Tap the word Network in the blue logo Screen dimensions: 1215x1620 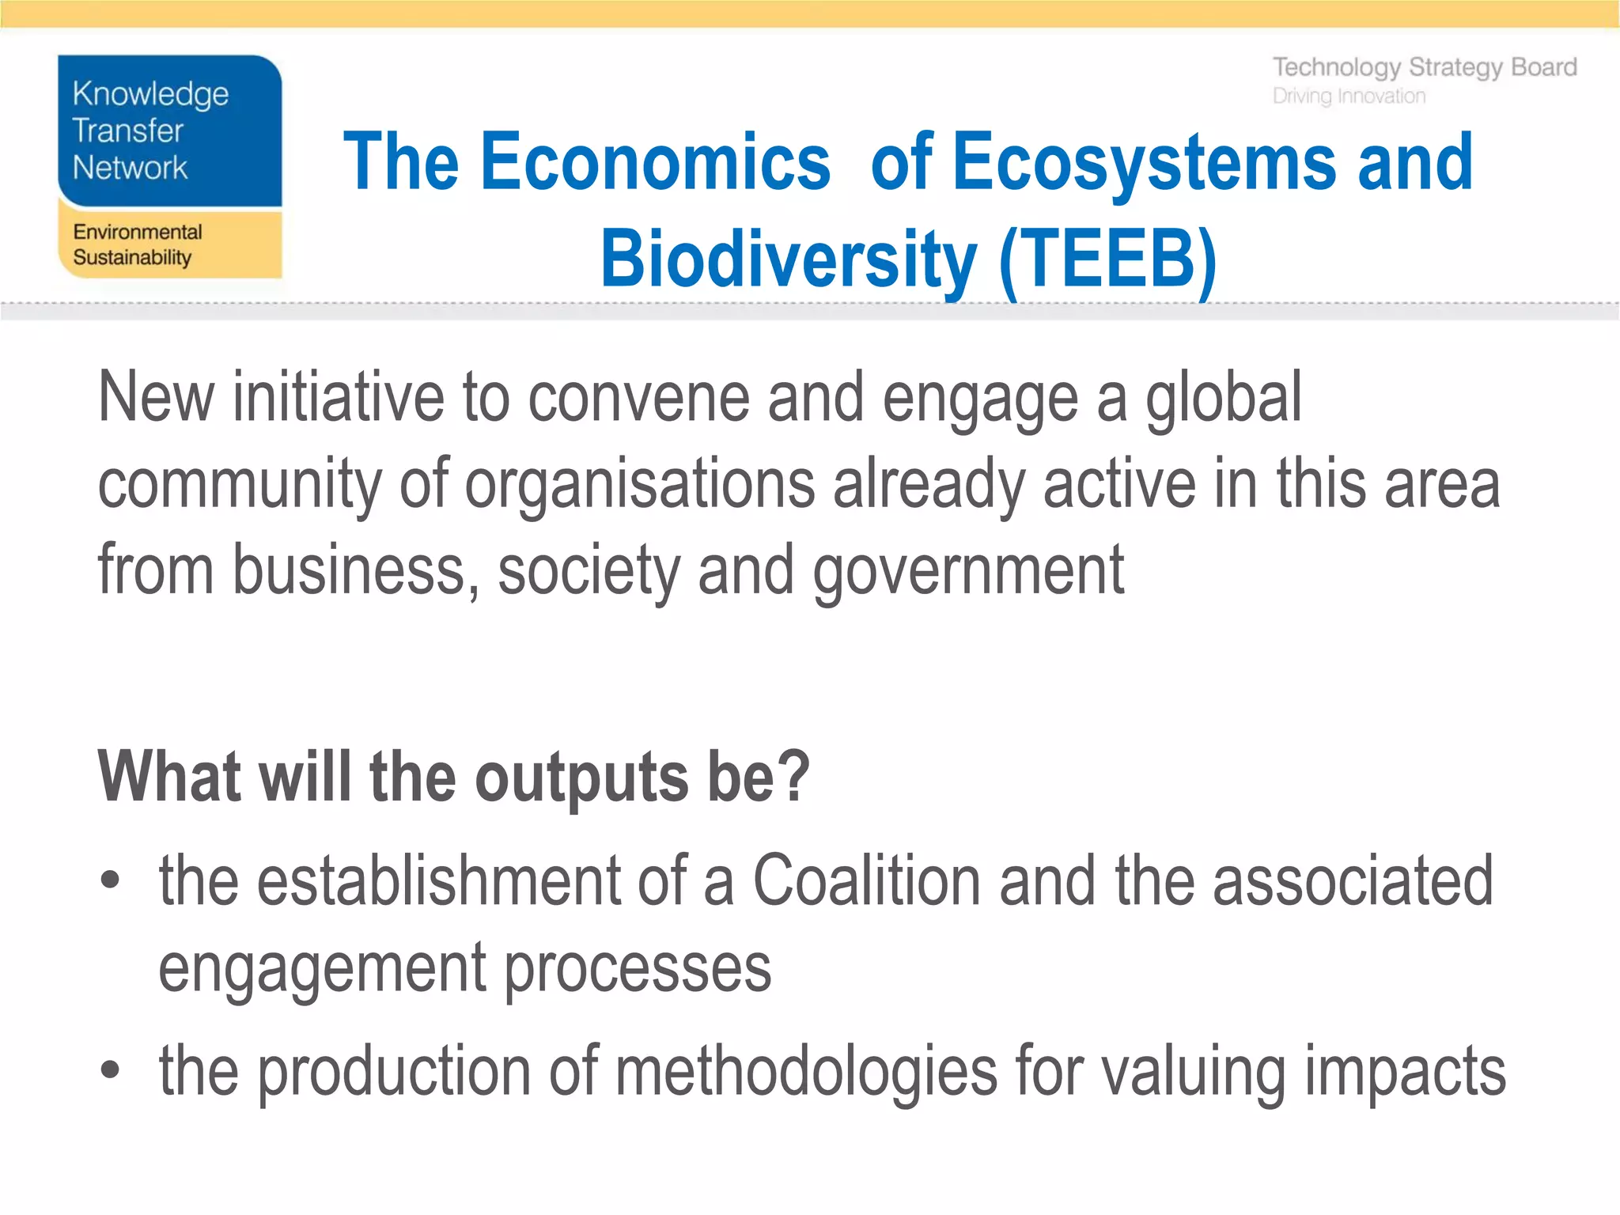point(130,168)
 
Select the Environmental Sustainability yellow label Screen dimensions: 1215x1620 point(138,244)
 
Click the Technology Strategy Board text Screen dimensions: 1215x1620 point(1424,68)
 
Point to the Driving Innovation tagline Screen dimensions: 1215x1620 point(1349,97)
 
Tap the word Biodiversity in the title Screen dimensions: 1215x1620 point(788,259)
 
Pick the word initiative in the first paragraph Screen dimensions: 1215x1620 point(339,398)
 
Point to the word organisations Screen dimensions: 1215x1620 point(639,484)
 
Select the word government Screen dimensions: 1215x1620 point(968,571)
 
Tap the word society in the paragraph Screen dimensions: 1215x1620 point(589,571)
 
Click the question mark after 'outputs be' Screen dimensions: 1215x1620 point(793,777)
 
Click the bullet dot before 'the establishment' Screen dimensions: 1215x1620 point(110,880)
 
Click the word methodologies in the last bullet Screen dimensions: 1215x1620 point(806,1072)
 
